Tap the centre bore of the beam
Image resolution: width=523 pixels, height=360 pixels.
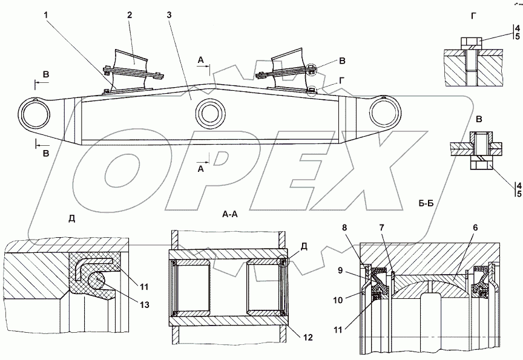pos(209,113)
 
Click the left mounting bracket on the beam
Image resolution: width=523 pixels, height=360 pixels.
pos(134,72)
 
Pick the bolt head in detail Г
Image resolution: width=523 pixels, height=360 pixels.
pos(471,43)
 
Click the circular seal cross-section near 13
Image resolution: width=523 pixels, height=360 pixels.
pos(98,281)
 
